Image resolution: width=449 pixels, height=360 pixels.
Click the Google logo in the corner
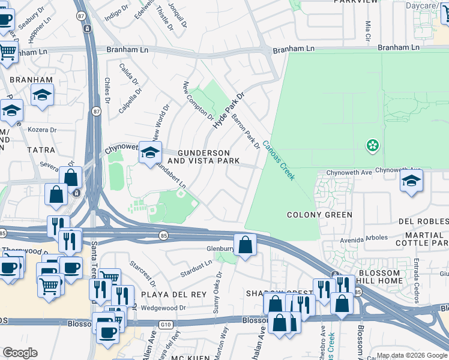pyautogui.click(x=20, y=353)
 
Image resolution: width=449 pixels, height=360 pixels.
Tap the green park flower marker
pyautogui.click(x=373, y=145)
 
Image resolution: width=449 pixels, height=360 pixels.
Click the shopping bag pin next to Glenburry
pyautogui.click(x=245, y=245)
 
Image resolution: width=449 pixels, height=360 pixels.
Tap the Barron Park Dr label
pyautogui.click(x=246, y=132)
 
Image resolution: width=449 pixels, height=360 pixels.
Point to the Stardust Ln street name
pyautogui.click(x=197, y=269)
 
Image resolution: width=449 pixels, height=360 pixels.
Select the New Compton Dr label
pyautogui.click(x=198, y=100)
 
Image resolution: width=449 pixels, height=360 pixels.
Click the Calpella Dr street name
pyautogui.click(x=129, y=100)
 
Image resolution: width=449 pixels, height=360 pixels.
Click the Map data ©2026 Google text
pyautogui.click(x=411, y=355)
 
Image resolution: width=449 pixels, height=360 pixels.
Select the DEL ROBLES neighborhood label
pyautogui.click(x=423, y=221)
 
